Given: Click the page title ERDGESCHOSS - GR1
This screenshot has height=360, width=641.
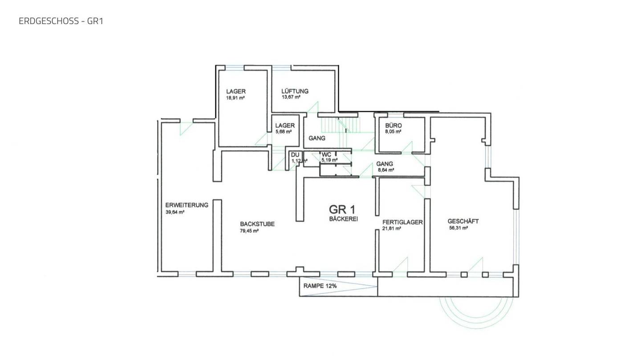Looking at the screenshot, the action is [x=61, y=21].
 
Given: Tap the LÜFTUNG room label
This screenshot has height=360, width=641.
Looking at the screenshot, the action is [x=295, y=91].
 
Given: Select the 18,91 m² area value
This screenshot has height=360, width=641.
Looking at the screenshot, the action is [x=235, y=97].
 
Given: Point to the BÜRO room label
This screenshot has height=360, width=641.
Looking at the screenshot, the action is [x=393, y=125].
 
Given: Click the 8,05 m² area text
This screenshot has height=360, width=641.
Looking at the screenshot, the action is [x=393, y=132].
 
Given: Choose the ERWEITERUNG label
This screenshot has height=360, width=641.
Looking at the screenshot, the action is [x=187, y=205].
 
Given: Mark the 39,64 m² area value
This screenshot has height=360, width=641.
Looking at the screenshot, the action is [x=174, y=212].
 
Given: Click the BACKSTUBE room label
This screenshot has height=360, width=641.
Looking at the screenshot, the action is [x=257, y=224].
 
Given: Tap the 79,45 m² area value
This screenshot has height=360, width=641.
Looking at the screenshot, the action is [x=249, y=231].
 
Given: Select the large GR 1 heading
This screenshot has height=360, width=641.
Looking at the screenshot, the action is [x=342, y=210].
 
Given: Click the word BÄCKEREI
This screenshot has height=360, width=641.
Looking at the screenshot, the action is [x=343, y=219].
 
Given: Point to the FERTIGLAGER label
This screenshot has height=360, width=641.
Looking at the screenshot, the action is [x=402, y=222].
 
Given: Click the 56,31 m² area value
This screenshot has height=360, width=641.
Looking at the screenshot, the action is [x=458, y=228].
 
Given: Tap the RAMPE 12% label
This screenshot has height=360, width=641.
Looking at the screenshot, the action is [x=320, y=286].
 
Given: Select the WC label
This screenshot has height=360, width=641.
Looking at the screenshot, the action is [x=326, y=155].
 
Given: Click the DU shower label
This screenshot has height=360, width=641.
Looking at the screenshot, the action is [x=295, y=155].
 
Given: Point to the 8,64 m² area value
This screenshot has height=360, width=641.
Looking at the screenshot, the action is [x=386, y=170].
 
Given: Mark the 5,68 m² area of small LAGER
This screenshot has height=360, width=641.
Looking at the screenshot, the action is [x=283, y=132].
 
